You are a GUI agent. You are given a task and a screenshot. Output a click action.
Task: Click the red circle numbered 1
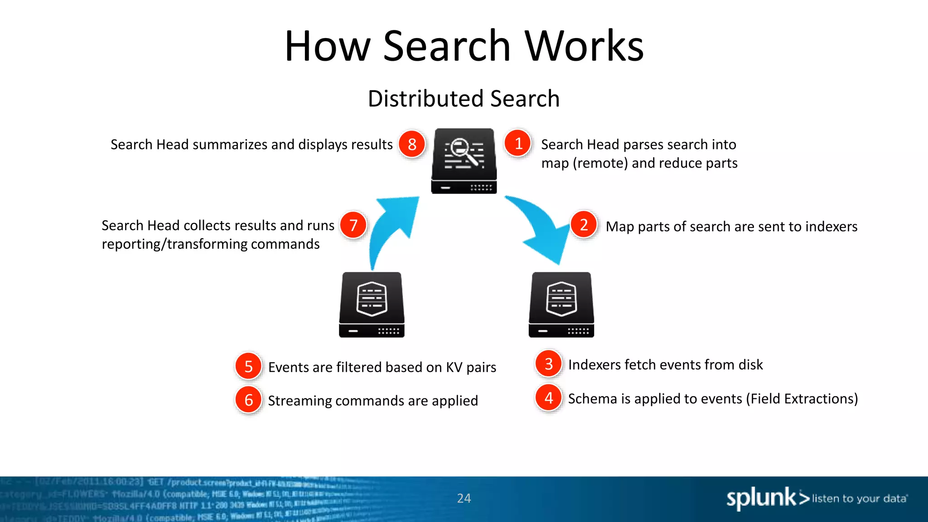518,143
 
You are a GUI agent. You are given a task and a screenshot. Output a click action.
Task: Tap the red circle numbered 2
584,224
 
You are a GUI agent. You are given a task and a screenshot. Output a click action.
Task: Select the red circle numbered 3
548,363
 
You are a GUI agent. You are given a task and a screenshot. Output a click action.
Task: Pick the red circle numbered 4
548,397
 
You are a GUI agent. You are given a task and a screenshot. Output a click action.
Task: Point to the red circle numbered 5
248,366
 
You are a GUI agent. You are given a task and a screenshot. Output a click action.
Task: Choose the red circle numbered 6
248,400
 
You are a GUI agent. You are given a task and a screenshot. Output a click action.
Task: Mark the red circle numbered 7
353,225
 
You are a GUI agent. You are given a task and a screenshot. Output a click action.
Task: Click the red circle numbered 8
411,144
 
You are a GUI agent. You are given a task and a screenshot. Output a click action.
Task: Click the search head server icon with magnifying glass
464,161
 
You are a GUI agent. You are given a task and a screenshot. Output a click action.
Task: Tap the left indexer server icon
372,304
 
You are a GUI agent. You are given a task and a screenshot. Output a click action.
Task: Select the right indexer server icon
561,304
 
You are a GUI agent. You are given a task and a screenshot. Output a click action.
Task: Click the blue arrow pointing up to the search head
391,227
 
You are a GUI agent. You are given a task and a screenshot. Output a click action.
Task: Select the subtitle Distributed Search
464,98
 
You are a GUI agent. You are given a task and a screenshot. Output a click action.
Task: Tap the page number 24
464,498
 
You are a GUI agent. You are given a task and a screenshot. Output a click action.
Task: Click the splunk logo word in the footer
761,498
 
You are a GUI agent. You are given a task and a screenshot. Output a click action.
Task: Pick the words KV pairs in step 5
471,367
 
